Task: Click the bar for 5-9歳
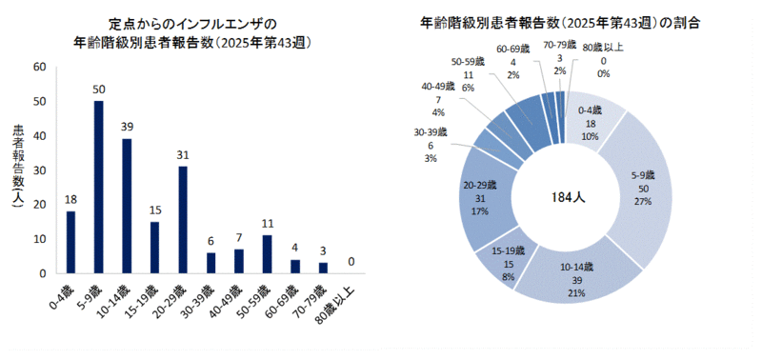[x=98, y=187]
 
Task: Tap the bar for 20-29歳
[x=182, y=219]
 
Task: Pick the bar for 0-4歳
[x=70, y=242]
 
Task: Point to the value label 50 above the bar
[x=98, y=90]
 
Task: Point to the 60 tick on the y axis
[x=38, y=67]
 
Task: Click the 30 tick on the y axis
[x=38, y=170]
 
